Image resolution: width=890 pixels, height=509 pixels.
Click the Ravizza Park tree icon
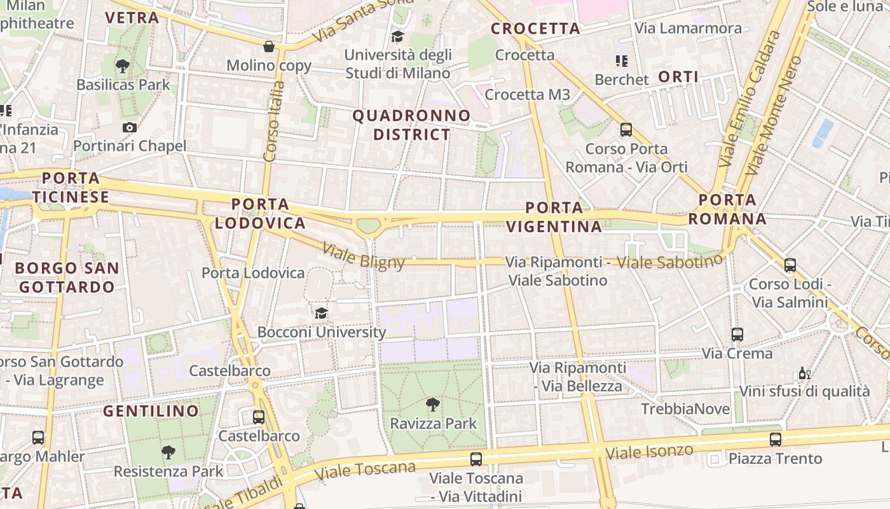433,404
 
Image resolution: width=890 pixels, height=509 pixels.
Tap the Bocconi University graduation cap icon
321,313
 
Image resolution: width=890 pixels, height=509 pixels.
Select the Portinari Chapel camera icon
130,127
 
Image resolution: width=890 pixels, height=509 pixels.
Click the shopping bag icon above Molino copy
269,46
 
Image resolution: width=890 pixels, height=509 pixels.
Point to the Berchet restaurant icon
621,61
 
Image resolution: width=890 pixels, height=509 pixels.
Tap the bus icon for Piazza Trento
776,439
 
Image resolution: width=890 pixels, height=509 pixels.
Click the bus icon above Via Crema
737,334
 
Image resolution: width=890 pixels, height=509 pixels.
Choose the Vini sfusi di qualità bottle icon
804,373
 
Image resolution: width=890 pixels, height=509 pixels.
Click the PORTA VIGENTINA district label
554,217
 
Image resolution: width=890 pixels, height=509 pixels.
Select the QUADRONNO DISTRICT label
411,125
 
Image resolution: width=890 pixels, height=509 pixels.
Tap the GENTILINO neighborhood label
151,411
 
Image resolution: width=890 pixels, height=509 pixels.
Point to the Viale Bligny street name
364,255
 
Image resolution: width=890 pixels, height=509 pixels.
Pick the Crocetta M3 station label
527,95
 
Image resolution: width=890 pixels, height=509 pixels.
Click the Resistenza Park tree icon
168,452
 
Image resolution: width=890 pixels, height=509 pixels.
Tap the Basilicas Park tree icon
123,66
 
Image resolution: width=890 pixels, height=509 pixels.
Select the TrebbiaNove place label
685,409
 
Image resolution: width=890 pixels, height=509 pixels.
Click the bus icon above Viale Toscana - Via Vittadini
476,459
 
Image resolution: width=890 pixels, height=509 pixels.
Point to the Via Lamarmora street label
688,28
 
